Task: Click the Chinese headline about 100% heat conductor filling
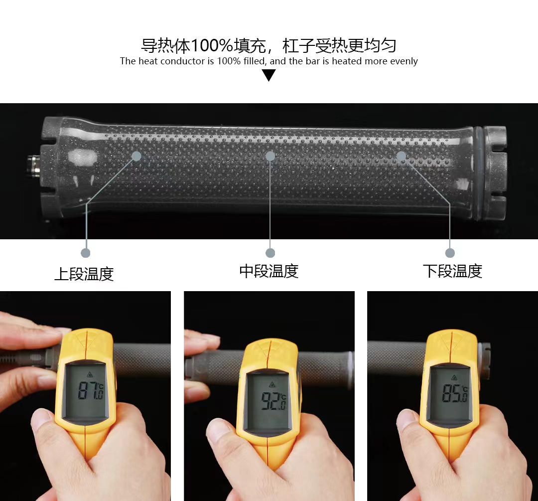[269, 46]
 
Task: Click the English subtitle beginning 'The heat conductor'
[269, 61]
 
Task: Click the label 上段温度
[84, 274]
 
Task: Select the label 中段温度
[269, 271]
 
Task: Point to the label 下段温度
[452, 271]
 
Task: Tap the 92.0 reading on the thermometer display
[273, 401]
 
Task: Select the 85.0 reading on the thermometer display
[455, 393]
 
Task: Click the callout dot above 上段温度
[86, 253]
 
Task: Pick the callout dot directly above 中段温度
[270, 253]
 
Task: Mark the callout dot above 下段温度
[450, 253]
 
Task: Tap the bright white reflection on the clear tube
[83, 159]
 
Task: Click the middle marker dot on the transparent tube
[270, 156]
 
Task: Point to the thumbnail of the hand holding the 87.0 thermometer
[85, 396]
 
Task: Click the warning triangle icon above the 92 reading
[272, 384]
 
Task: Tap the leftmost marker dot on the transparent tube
[136, 156]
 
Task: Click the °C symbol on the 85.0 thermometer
[465, 389]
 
